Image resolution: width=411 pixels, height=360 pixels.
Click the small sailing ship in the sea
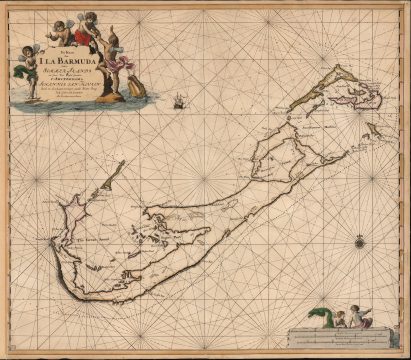pos(178,101)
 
